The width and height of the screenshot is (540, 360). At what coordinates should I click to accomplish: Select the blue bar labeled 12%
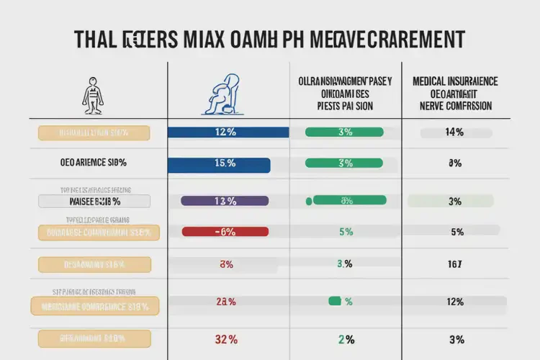[x=228, y=132]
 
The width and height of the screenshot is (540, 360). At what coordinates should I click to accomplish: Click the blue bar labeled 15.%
[x=219, y=164]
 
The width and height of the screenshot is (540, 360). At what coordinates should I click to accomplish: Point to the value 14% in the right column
[x=455, y=132]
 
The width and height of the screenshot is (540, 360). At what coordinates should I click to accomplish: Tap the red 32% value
[x=225, y=338]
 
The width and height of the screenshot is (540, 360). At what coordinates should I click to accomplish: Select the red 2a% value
[x=225, y=302]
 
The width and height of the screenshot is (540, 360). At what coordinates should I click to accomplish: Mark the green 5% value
[x=345, y=232]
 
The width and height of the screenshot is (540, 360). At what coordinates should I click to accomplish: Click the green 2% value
[x=345, y=338]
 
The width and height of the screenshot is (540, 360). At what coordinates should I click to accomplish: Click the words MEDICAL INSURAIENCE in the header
[x=455, y=81]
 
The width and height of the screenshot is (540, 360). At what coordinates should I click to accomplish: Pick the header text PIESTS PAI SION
[x=345, y=105]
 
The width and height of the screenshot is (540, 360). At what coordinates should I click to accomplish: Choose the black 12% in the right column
[x=455, y=302]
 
